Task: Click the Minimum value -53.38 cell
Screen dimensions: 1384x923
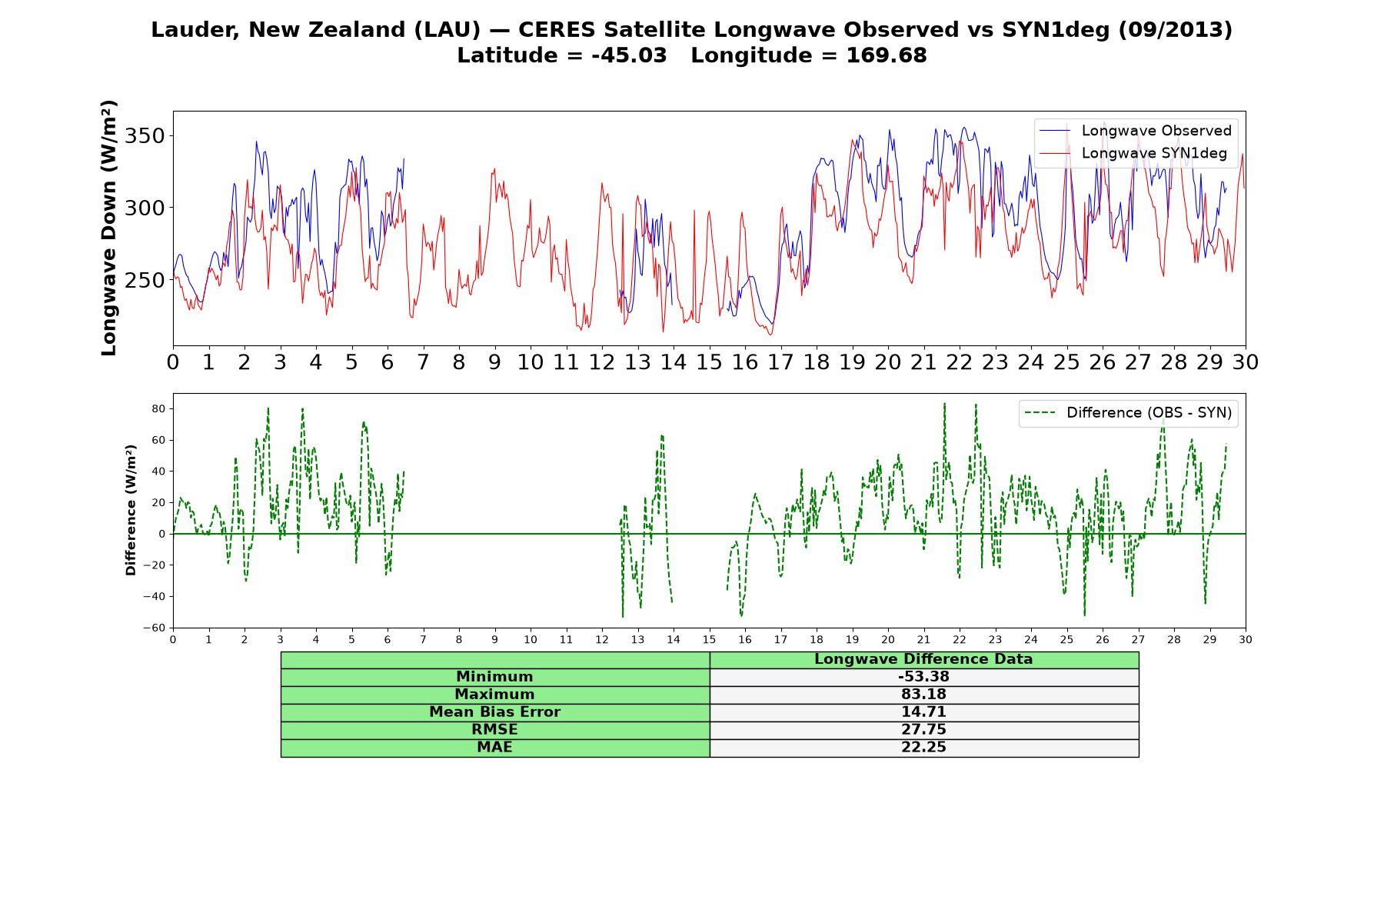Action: (x=923, y=677)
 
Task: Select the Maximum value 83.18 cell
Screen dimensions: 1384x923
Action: (x=923, y=695)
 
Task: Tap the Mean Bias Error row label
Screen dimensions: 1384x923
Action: (x=494, y=712)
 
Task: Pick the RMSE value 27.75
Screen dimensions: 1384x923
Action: (x=923, y=730)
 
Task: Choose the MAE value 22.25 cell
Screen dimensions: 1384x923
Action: (x=923, y=748)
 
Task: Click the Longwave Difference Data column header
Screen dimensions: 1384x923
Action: (x=923, y=659)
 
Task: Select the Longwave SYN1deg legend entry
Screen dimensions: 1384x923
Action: (x=1134, y=153)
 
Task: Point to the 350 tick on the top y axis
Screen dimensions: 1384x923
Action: (x=145, y=136)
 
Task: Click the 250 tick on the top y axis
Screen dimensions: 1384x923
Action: (x=145, y=280)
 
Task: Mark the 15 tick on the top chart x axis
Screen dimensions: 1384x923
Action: (x=709, y=362)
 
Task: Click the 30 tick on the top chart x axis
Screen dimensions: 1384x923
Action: (x=1246, y=362)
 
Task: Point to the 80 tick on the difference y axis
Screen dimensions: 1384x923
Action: (x=158, y=408)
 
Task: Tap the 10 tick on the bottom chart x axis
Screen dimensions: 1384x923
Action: (x=531, y=639)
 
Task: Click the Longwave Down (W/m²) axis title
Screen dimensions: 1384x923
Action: (x=109, y=228)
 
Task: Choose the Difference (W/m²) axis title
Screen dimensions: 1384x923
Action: (x=131, y=510)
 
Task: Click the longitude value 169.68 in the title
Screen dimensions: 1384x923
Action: (x=887, y=55)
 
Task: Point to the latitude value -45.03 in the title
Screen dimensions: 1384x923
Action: (x=629, y=55)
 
